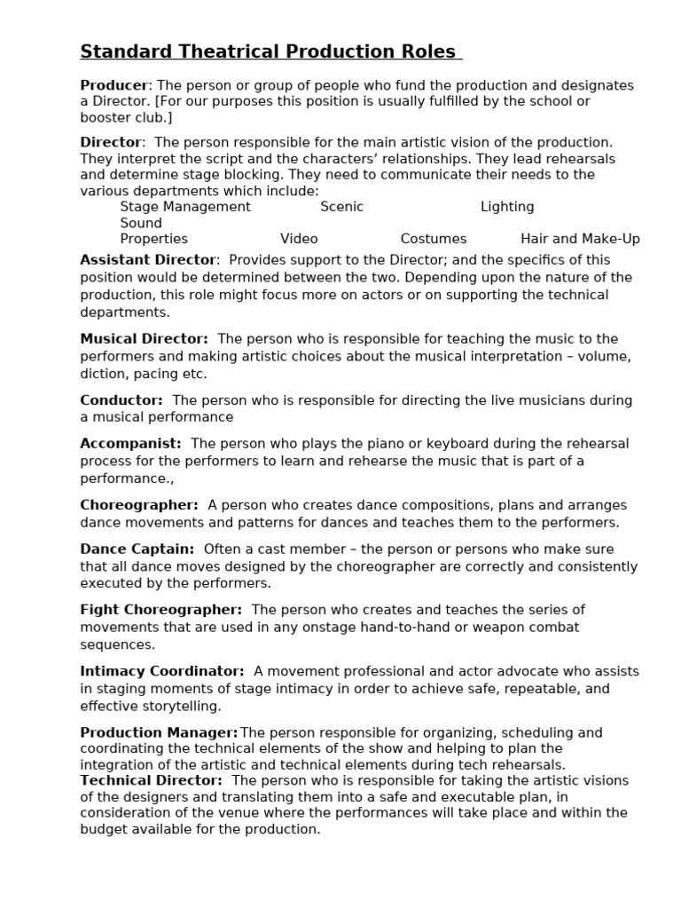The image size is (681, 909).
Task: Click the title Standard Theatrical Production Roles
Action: click(270, 51)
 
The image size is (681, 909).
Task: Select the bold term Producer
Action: click(114, 85)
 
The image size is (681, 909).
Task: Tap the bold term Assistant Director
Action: click(148, 260)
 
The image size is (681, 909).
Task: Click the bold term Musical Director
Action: click(145, 339)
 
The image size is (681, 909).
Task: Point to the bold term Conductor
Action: click(121, 400)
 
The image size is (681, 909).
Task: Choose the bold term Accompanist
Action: click(130, 443)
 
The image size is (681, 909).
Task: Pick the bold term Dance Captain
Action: click(137, 549)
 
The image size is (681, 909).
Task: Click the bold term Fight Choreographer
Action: click(160, 610)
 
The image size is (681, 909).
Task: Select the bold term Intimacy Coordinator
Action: click(162, 671)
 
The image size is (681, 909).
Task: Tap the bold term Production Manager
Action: click(159, 732)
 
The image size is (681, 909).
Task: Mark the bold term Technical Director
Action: click(151, 780)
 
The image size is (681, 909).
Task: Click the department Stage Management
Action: click(185, 207)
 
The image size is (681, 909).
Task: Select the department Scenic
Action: click(341, 207)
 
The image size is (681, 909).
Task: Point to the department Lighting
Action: click(507, 207)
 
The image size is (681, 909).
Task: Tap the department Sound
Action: click(141, 223)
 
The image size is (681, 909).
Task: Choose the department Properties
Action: click(154, 239)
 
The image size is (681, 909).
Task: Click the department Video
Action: click(299, 239)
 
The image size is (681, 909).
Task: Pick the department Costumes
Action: click(433, 239)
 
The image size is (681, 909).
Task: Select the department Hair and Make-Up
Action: click(580, 239)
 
